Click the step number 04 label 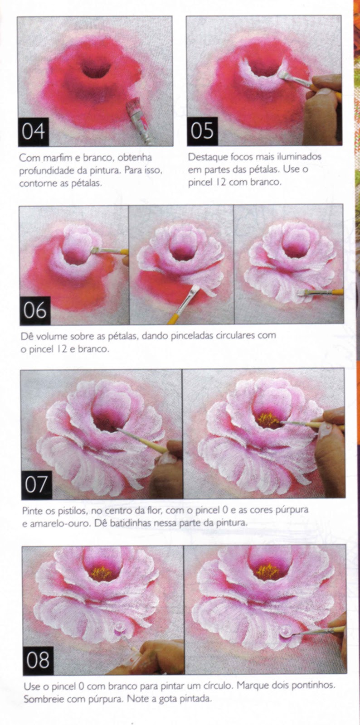34,131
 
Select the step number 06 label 35,310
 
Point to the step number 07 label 36,484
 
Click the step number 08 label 38,660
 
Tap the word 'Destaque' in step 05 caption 205,157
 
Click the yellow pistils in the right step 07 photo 268,420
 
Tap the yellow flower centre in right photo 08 268,572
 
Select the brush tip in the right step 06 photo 302,293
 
